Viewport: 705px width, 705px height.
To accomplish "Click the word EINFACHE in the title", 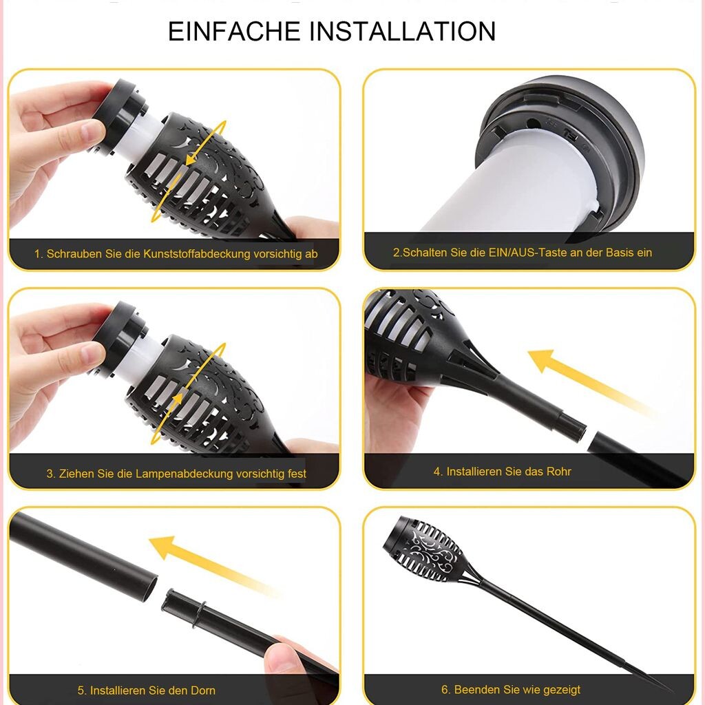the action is (234, 32).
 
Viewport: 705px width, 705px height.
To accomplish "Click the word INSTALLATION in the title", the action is (402, 32).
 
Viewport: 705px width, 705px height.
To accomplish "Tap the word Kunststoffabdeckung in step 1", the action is (196, 254).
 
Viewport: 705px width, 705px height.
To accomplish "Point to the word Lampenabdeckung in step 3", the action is (185, 474).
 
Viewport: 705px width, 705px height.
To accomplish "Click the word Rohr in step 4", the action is (558, 472).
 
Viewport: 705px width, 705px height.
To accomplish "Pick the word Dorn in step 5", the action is (203, 691).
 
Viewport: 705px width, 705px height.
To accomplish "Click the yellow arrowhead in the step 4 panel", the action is (543, 359).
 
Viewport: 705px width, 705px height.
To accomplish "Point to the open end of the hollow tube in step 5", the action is (151, 588).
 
